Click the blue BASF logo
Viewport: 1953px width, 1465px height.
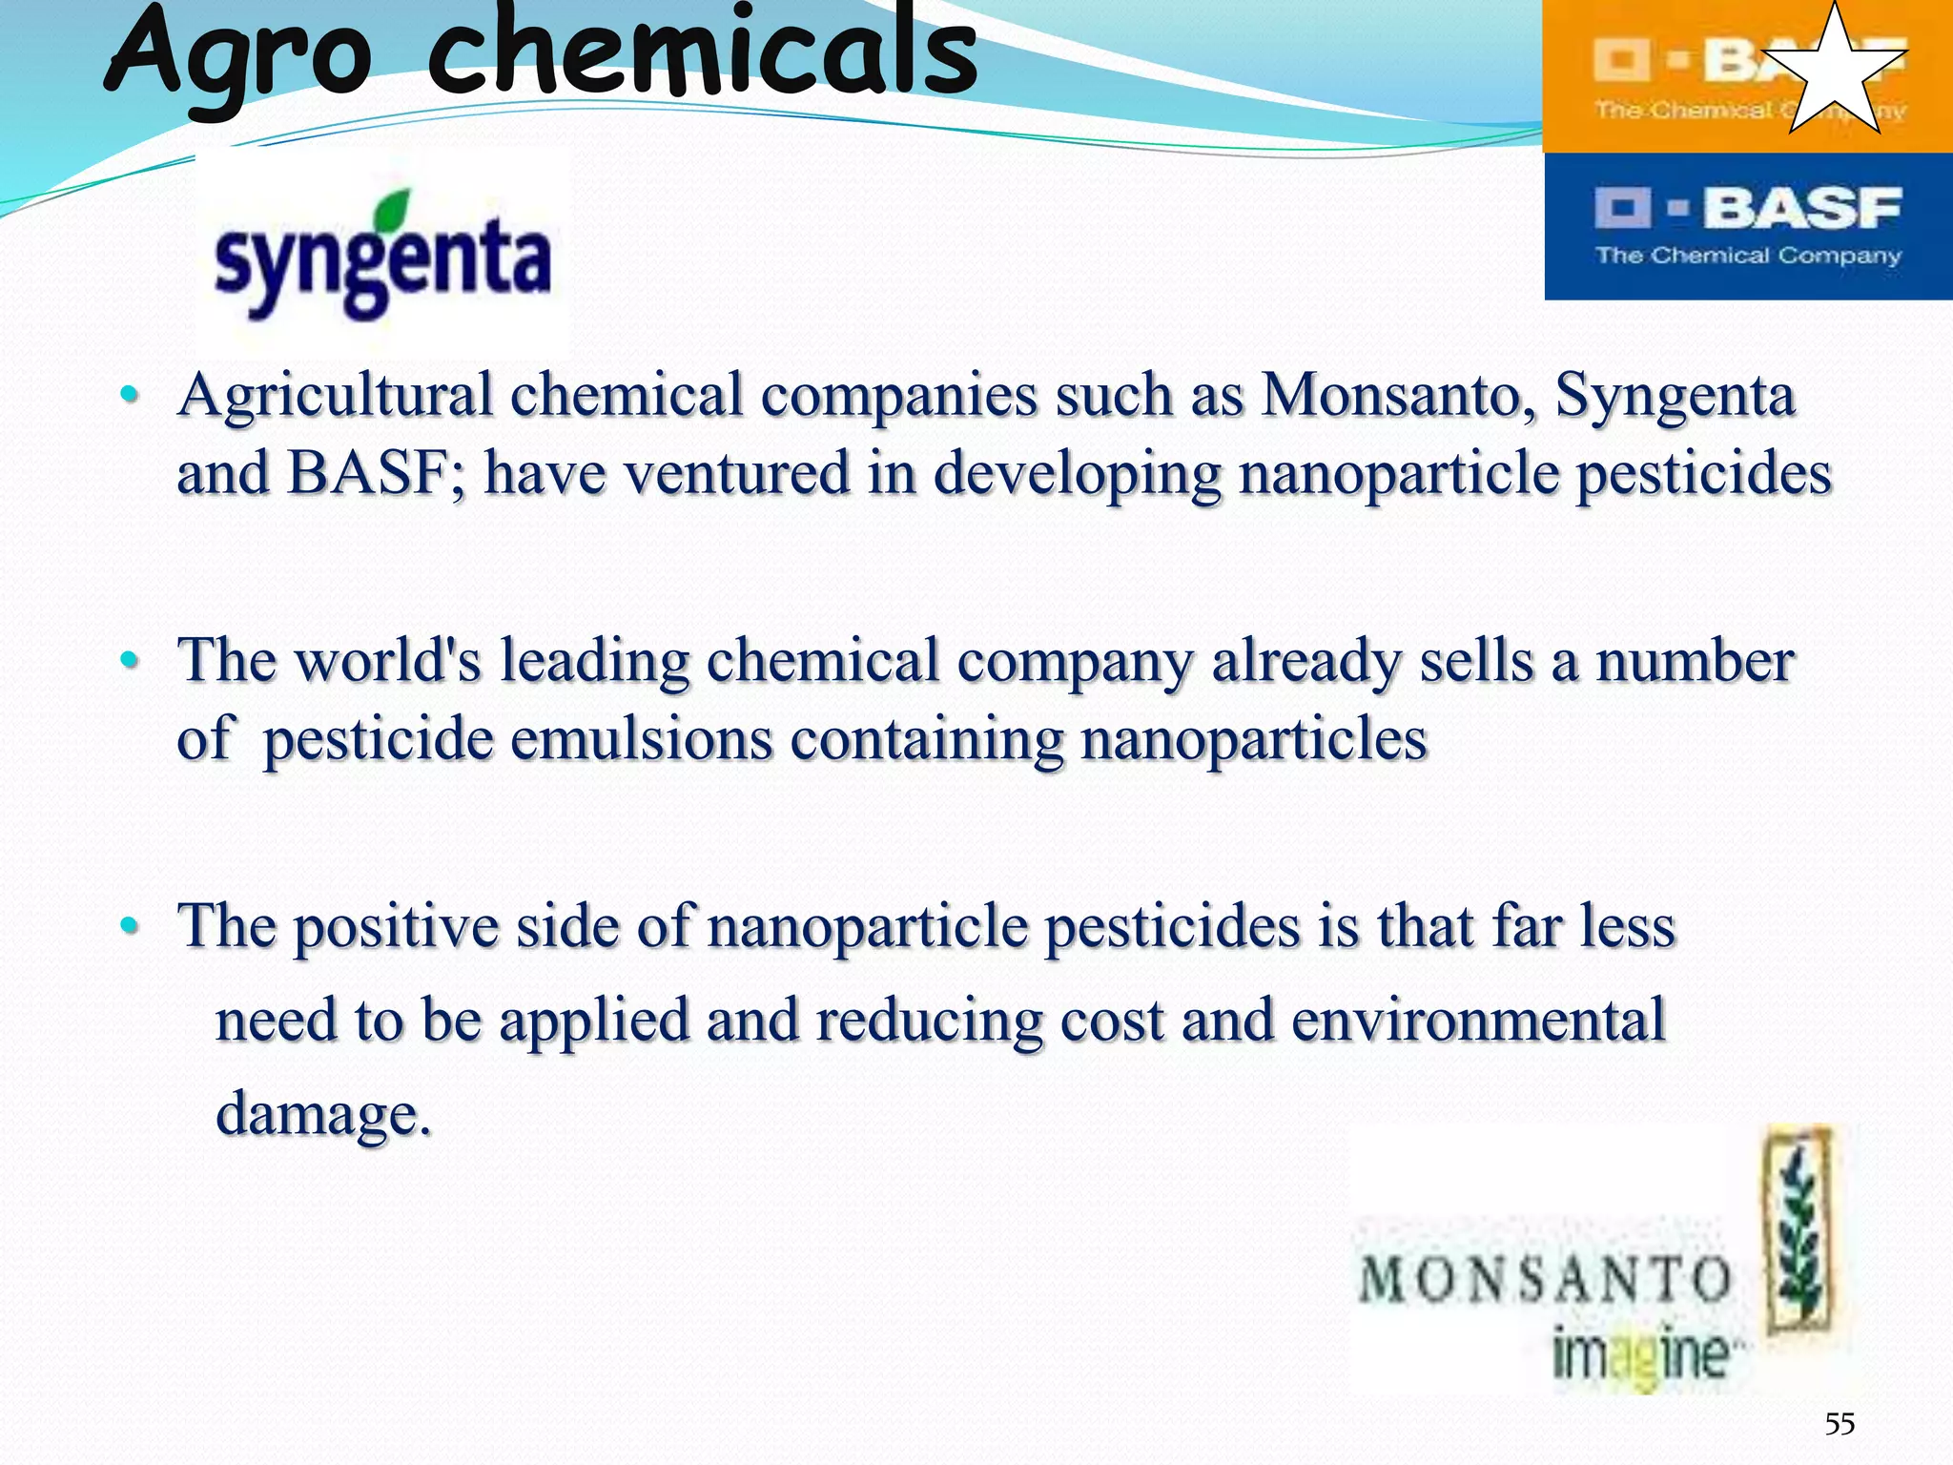1748,227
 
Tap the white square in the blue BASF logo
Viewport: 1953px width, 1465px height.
1621,208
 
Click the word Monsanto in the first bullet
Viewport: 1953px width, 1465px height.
1398,395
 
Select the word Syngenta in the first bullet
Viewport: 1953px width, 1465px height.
1675,395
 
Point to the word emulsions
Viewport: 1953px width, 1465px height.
642,739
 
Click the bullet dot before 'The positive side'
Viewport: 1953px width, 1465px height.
130,925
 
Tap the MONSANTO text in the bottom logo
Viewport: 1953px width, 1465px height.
1545,1279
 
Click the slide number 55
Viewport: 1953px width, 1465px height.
1840,1424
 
